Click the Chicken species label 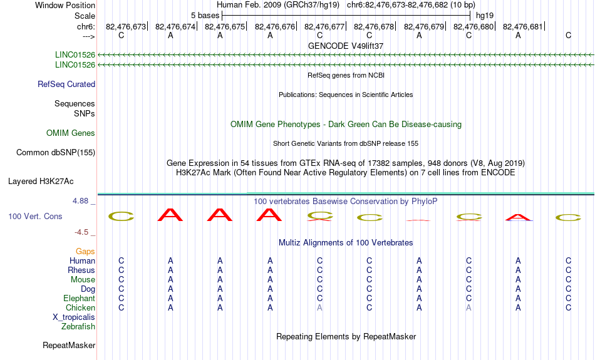tap(80, 307)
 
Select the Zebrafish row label tap(78, 326)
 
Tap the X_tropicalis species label tap(74, 317)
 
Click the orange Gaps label tap(85, 252)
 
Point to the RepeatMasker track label tap(69, 345)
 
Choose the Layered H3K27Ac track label tap(41, 182)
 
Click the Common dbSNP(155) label tap(55, 153)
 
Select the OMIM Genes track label tap(71, 133)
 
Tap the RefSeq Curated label tap(66, 85)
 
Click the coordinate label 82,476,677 tap(324, 26)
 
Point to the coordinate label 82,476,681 tap(522, 26)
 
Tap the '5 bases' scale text tap(205, 16)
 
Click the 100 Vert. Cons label tap(35, 216)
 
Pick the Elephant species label tap(79, 298)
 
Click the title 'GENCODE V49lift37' tap(346, 46)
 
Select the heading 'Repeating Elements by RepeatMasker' tap(346, 336)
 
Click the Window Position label tap(65, 5)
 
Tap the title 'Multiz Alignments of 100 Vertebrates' tap(346, 243)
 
